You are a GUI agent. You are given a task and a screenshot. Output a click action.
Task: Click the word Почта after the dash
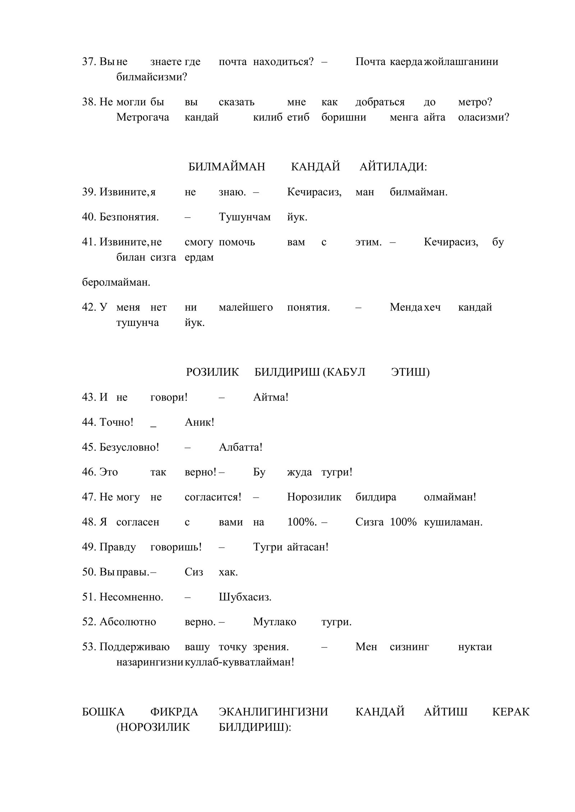pyautogui.click(x=370, y=62)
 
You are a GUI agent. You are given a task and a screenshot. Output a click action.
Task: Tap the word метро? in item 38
pyautogui.click(x=475, y=102)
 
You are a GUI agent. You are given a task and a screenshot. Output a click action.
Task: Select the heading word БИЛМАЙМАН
pyautogui.click(x=227, y=167)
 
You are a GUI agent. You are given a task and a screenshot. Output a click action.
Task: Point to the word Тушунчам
pyautogui.click(x=245, y=217)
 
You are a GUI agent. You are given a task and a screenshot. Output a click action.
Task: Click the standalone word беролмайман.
pyautogui.click(x=116, y=283)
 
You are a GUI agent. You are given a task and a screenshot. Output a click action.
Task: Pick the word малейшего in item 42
pyautogui.click(x=246, y=308)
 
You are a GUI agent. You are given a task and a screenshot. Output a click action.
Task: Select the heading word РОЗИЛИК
pyautogui.click(x=212, y=372)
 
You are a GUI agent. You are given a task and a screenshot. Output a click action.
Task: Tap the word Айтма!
pyautogui.click(x=271, y=397)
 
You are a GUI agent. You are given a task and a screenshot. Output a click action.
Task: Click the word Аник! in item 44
pyautogui.click(x=199, y=423)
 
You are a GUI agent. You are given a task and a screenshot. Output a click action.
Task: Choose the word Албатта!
pyautogui.click(x=241, y=448)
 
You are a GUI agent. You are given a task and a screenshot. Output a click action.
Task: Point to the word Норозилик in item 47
pyautogui.click(x=314, y=498)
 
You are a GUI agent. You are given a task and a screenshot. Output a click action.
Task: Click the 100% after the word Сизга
pyautogui.click(x=403, y=522)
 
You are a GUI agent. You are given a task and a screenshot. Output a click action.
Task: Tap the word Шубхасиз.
pyautogui.click(x=245, y=597)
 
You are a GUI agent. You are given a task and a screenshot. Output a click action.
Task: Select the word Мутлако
pyautogui.click(x=275, y=622)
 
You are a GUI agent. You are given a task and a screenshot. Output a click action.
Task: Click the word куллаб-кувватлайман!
pyautogui.click(x=239, y=662)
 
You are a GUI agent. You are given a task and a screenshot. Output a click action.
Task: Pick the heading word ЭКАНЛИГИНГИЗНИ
pyautogui.click(x=273, y=712)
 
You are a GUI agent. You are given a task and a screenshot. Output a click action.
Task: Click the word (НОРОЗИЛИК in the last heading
pyautogui.click(x=153, y=727)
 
